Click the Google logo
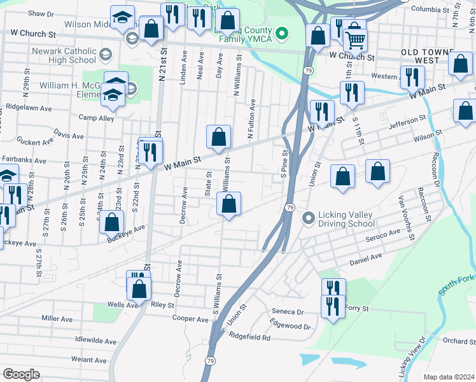(20, 374)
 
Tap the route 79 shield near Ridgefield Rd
(209, 360)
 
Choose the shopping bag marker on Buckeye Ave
(112, 222)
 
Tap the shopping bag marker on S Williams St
(228, 204)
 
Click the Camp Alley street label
(96, 118)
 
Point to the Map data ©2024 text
(448, 377)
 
